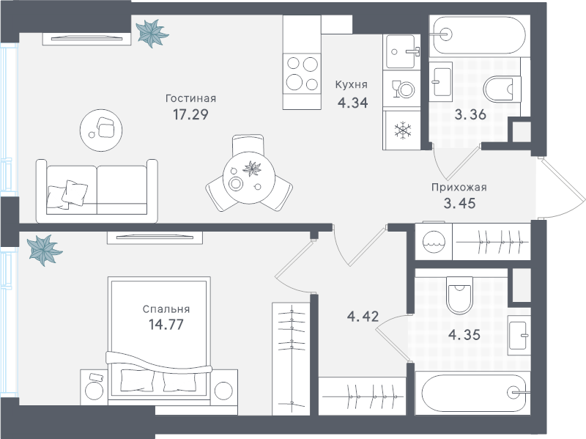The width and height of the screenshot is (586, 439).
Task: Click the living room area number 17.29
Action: click(190, 114)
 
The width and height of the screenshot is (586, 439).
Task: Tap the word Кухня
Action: click(352, 84)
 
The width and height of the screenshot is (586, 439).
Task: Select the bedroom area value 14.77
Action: click(166, 324)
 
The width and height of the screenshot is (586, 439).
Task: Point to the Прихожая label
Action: click(459, 188)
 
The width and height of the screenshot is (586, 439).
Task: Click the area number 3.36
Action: click(470, 114)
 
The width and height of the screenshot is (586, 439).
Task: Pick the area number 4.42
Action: click(363, 317)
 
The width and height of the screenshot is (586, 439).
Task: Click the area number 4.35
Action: click(464, 335)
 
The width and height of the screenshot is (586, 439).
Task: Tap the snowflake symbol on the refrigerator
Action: click(402, 130)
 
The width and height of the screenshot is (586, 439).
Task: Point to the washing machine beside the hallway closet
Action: click(434, 242)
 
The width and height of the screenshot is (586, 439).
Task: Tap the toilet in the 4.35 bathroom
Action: click(460, 295)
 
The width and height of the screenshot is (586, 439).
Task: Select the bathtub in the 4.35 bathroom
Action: click(472, 393)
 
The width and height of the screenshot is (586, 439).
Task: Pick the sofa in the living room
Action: click(97, 191)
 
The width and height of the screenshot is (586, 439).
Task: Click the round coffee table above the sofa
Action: click(101, 130)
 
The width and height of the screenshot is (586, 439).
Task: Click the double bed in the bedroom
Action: click(159, 340)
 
